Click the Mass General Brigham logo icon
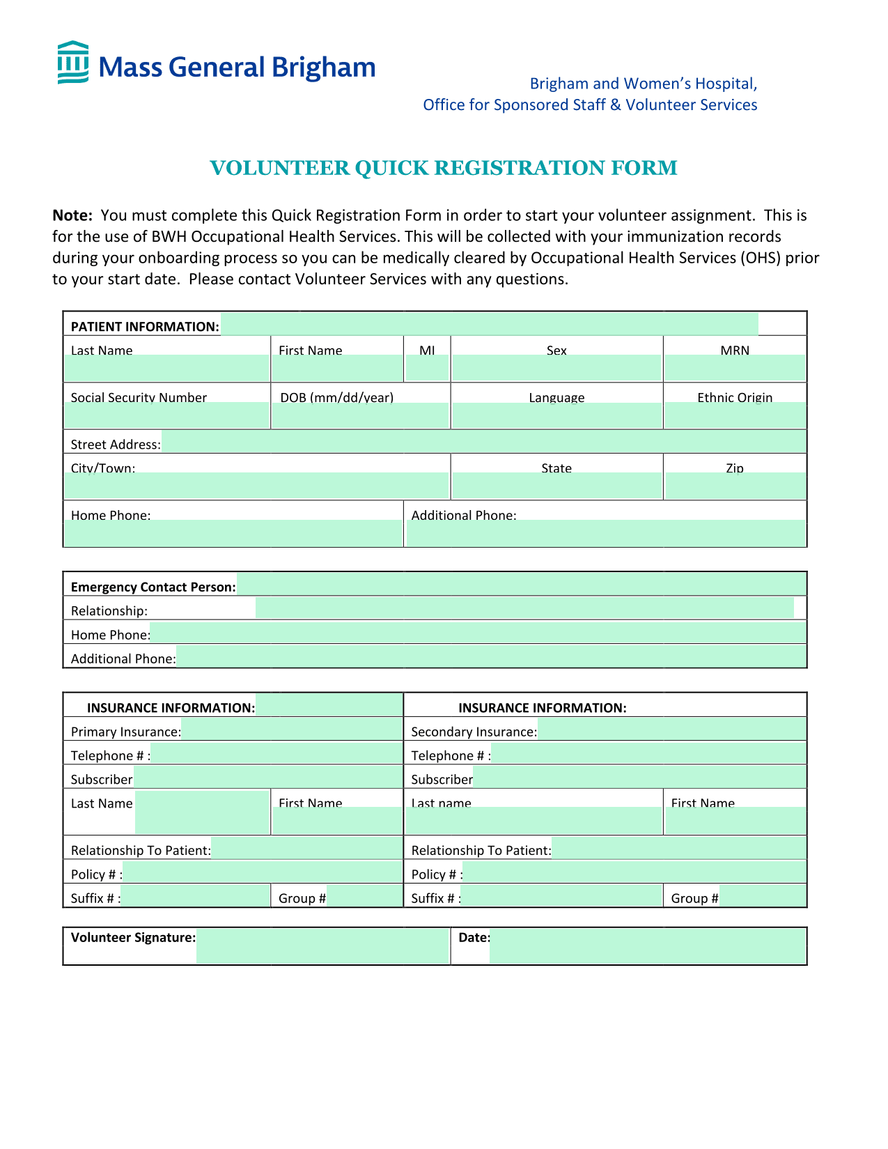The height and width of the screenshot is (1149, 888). (72, 63)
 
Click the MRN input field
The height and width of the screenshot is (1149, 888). (735, 368)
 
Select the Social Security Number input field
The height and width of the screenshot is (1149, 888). (166, 416)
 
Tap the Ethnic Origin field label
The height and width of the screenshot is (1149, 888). (735, 397)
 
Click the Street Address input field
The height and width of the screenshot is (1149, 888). (483, 442)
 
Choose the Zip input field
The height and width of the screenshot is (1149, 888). (735, 486)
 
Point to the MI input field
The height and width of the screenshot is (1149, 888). (427, 368)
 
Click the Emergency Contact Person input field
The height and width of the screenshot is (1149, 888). (521, 584)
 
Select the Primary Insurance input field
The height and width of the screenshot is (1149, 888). (292, 730)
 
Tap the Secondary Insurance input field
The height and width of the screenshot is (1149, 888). (671, 730)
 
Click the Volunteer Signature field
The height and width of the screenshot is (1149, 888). (322, 946)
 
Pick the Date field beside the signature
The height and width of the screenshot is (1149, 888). (647, 946)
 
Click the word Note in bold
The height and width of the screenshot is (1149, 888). (72, 215)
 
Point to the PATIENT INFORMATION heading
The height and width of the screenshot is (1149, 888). (145, 326)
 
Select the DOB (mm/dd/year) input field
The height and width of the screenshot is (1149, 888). (360, 416)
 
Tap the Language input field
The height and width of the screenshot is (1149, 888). (556, 416)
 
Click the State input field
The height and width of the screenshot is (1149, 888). (556, 486)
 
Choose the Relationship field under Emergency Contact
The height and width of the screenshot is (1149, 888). (524, 608)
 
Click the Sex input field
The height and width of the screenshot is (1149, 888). (556, 368)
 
